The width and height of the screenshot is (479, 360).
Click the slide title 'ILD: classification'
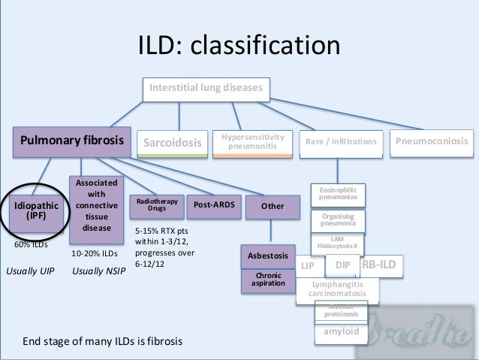coord(238,46)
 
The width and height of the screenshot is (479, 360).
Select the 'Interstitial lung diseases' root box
coord(205,89)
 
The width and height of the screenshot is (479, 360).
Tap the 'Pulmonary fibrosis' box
coord(72,141)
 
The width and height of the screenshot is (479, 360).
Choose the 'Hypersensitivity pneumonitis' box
coord(252,142)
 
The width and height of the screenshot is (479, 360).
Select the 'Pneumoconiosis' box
coord(432,141)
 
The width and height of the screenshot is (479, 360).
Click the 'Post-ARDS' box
coord(212,204)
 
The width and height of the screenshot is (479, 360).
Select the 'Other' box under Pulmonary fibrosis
coord(272,205)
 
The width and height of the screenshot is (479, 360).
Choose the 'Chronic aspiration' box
coord(268,280)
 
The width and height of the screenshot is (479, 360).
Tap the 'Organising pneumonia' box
coord(338,220)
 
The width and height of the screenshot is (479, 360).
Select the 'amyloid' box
coord(341,331)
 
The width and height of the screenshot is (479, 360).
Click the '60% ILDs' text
coord(32,245)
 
